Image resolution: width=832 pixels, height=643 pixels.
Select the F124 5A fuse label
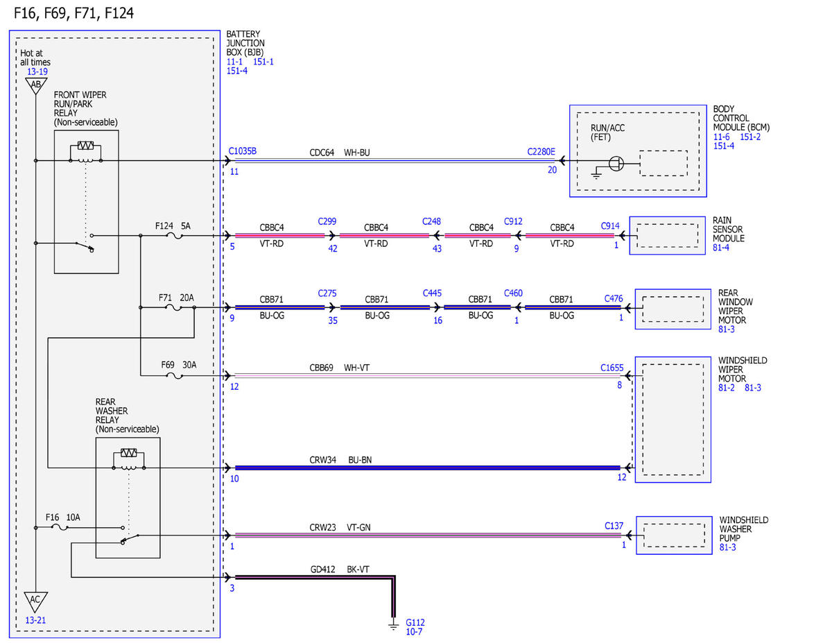[x=173, y=226]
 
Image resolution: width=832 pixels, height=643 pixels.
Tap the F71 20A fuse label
[x=176, y=298]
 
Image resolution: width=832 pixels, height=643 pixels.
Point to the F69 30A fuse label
[x=178, y=365]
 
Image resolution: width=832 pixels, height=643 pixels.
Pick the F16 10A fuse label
[x=63, y=517]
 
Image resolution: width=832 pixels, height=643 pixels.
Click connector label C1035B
[x=243, y=151]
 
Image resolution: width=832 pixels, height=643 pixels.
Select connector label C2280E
[x=541, y=152]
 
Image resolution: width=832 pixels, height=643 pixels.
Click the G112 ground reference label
[x=415, y=622]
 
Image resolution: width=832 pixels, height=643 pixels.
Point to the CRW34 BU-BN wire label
[x=340, y=460]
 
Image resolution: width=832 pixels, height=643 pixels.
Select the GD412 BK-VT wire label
[x=340, y=569]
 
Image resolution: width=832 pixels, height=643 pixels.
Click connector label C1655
[x=612, y=368]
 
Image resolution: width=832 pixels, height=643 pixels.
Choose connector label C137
[x=614, y=526]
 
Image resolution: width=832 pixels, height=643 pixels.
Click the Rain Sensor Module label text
[x=728, y=230]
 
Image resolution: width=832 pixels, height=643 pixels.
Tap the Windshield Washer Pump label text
[x=743, y=529]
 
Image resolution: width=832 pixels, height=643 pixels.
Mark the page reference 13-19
[x=37, y=71]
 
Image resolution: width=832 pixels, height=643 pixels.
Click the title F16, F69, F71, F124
[x=73, y=13]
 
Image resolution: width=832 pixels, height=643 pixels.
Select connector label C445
[x=432, y=293]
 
